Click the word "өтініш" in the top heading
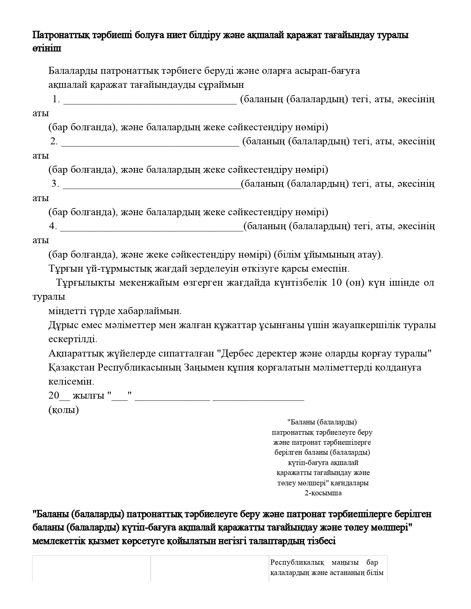coord(47,49)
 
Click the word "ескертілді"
coord(73,339)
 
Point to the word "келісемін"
coord(71,381)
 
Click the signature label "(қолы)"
coord(64,410)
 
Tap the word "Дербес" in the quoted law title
coord(239,353)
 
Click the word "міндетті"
coord(67,311)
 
